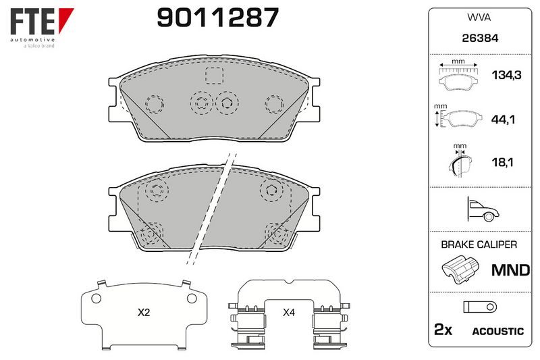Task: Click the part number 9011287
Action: click(x=217, y=18)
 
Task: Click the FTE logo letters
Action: click(x=32, y=22)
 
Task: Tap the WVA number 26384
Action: click(x=480, y=38)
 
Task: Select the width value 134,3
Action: click(x=506, y=75)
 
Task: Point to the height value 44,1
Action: click(x=503, y=120)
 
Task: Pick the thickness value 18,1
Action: click(x=502, y=162)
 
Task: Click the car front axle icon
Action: click(x=483, y=209)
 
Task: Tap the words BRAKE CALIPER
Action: click(x=479, y=245)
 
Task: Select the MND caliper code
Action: click(x=510, y=270)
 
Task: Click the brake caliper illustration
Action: click(x=460, y=269)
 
